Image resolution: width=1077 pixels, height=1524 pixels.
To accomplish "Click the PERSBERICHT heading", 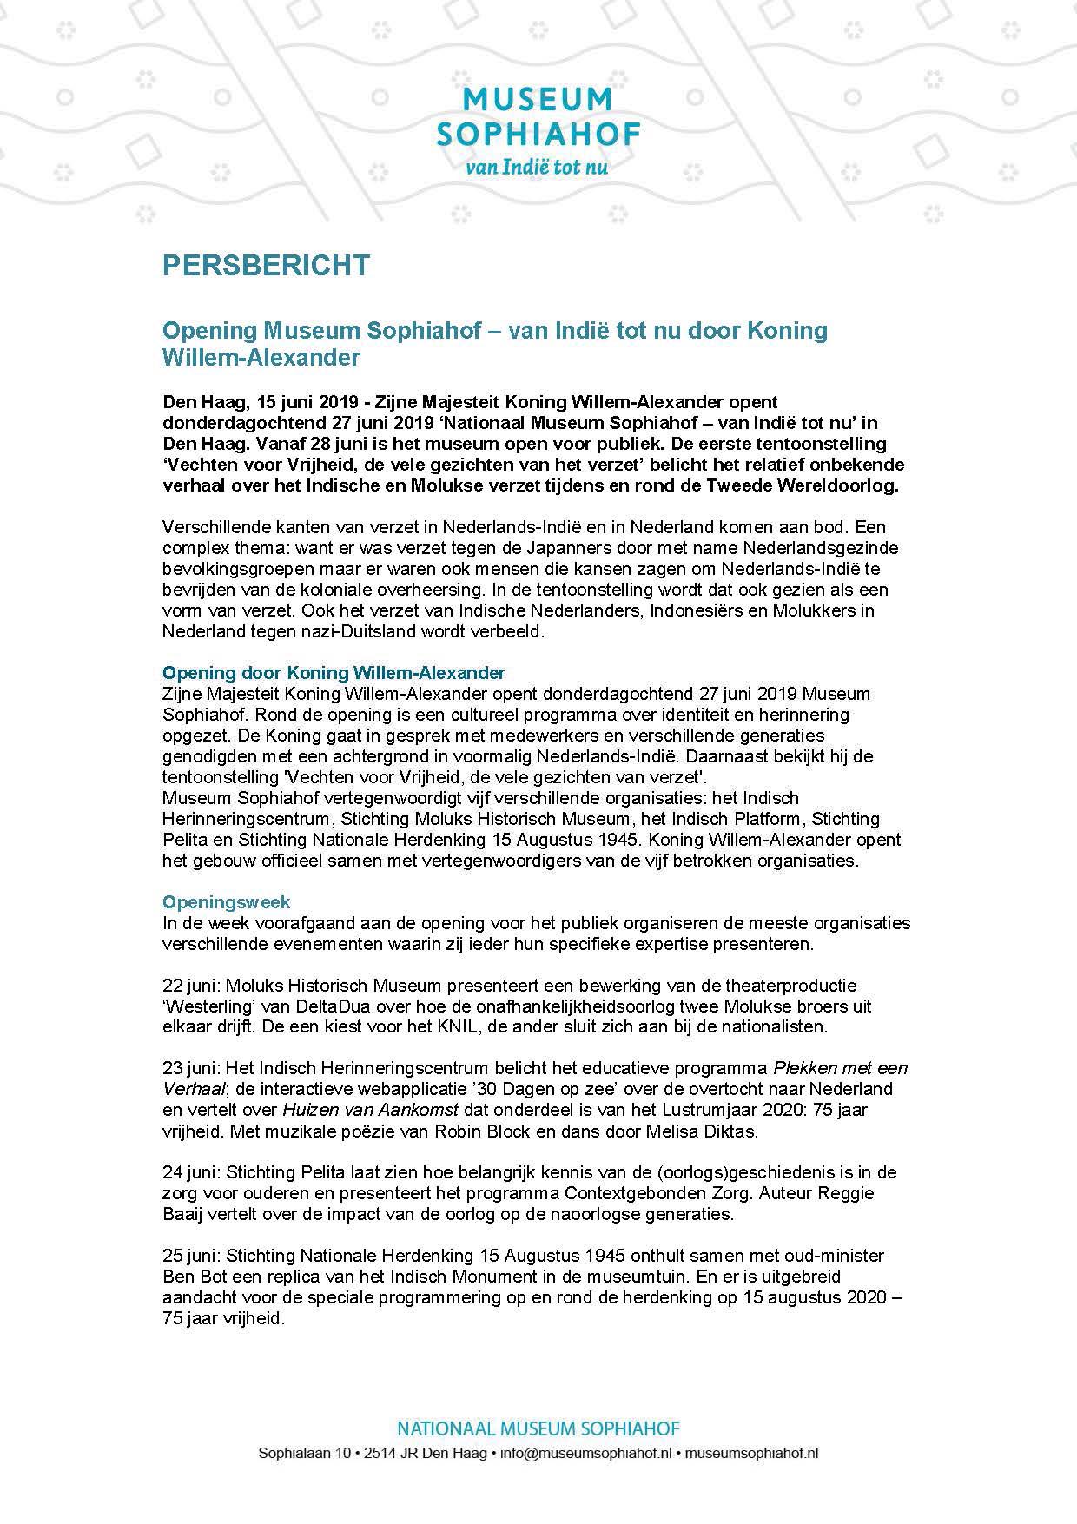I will (x=266, y=264).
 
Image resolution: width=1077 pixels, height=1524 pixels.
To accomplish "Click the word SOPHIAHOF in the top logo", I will (x=538, y=134).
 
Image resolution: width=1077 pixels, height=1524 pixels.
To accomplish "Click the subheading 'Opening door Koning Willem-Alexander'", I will (x=334, y=672).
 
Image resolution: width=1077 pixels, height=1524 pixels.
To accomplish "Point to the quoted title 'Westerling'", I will (x=208, y=1006).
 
